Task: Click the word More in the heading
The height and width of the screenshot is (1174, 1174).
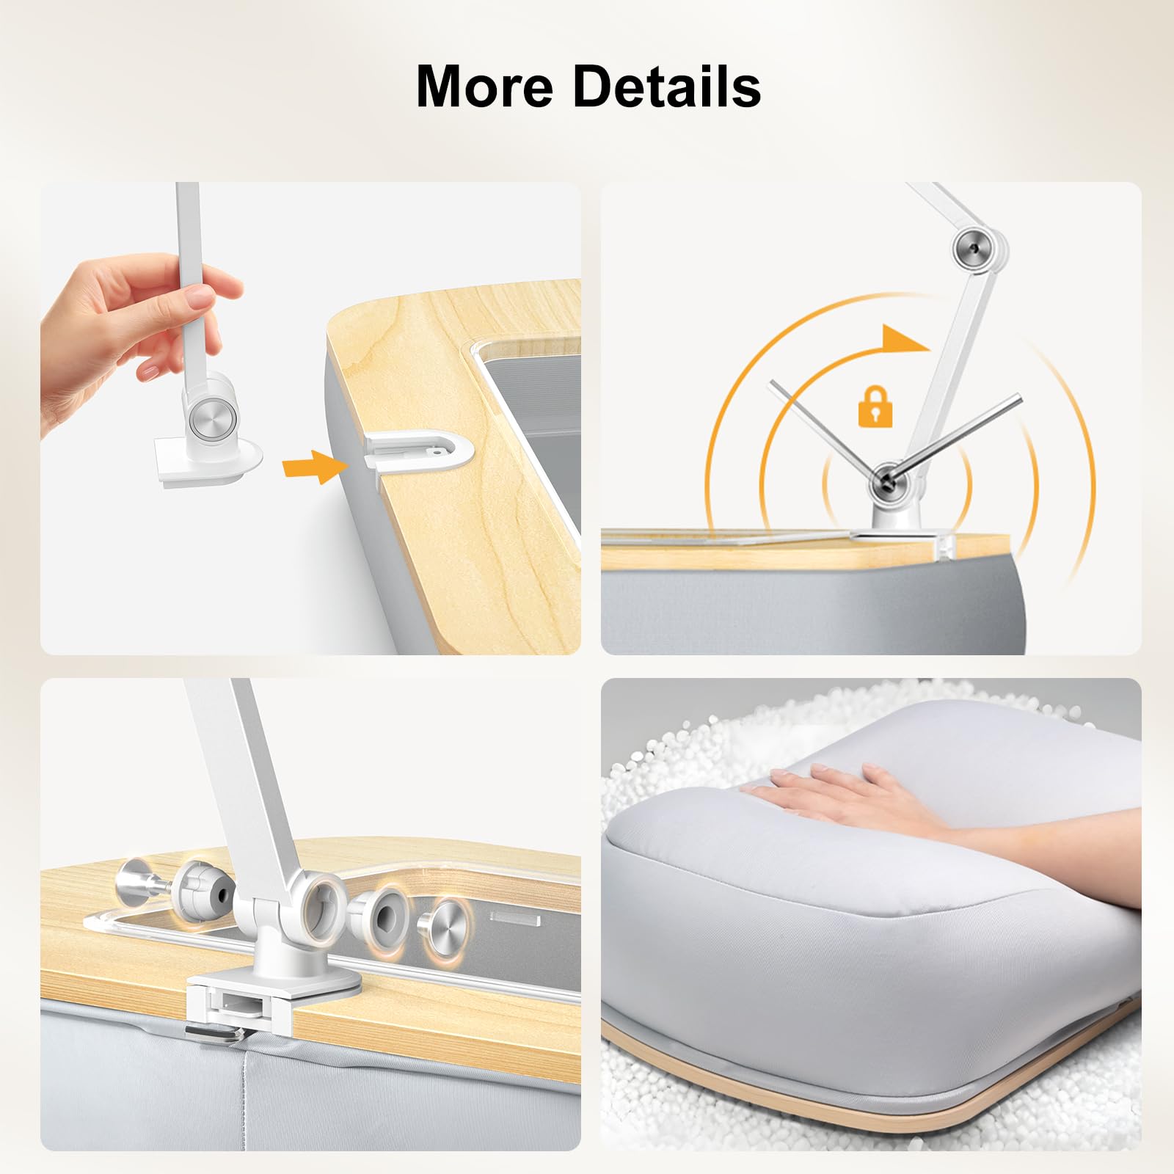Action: (x=485, y=87)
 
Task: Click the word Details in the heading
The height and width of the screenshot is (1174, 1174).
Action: (x=666, y=87)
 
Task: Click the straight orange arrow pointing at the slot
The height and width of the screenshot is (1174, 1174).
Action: (x=313, y=467)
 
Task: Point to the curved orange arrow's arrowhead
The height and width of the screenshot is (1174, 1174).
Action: (x=905, y=338)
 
